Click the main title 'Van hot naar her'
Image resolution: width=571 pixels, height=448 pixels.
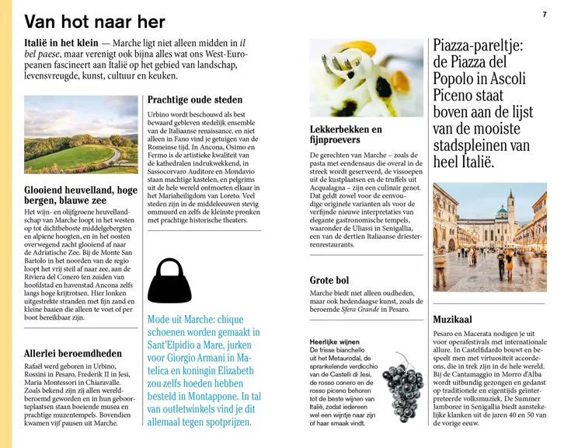95,22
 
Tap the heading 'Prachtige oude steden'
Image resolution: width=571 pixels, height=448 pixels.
194,100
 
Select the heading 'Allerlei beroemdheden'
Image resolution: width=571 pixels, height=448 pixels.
73,353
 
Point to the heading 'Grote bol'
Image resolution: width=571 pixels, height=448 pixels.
329,280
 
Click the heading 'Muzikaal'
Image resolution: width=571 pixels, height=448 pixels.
452,319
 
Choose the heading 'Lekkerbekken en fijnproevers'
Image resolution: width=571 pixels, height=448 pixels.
346,135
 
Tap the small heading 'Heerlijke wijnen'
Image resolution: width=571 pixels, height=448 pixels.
335,341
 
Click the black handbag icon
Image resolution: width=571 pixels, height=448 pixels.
169,281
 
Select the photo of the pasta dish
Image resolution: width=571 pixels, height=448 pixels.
365,78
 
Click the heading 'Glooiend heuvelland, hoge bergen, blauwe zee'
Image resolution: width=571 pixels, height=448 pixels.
81,195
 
